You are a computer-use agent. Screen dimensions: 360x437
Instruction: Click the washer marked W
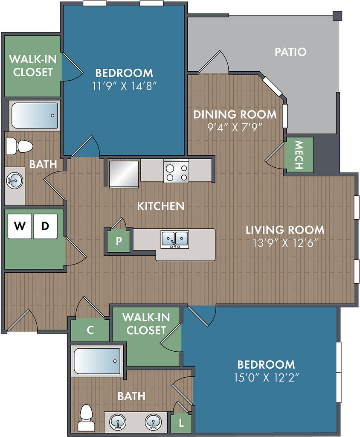(20, 226)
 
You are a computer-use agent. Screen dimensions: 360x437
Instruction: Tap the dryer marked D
(45, 226)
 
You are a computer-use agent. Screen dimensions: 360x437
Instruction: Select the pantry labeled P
(119, 241)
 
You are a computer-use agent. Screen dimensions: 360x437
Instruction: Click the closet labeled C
(90, 330)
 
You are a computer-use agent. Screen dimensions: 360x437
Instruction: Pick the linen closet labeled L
(181, 423)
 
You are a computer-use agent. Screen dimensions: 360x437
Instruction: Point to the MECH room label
(299, 155)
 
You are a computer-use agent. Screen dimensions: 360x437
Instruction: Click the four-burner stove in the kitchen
(176, 171)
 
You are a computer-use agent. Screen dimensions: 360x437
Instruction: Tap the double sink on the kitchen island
(175, 239)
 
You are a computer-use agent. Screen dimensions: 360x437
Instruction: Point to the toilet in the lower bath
(86, 417)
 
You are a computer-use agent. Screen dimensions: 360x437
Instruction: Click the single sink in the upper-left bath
(15, 181)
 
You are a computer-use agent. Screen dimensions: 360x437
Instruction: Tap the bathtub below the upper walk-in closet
(35, 116)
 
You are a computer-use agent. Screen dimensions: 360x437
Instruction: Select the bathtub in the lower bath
(97, 361)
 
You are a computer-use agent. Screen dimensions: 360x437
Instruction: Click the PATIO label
(290, 52)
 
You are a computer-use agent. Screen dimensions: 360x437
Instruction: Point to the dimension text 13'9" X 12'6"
(285, 243)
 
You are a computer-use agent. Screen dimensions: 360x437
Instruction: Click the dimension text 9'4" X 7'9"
(235, 127)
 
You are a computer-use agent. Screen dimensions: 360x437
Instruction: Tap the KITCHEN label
(161, 206)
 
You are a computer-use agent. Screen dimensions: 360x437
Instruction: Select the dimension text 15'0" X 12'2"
(267, 378)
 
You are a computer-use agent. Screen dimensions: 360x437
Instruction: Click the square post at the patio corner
(337, 16)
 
